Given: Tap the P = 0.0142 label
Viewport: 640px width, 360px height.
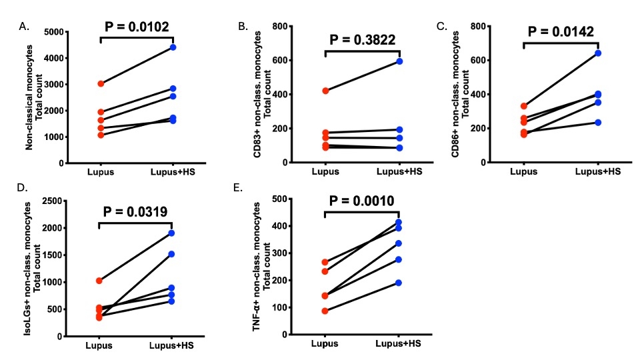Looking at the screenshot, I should pos(561,31).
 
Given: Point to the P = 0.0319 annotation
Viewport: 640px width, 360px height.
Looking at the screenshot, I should pos(135,213).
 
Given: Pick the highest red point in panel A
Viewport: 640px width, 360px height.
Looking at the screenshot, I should pos(101,83).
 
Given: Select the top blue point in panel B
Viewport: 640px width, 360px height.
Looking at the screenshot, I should pos(399,61).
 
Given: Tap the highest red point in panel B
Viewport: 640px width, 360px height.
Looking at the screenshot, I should pos(325,90).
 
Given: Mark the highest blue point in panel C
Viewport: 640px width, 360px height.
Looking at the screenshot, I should pos(598,53).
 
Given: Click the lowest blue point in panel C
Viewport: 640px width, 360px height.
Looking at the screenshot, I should pos(598,123).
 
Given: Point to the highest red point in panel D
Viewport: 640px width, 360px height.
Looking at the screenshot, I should pos(99,281).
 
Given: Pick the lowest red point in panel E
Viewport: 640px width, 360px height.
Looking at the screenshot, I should pos(325,311).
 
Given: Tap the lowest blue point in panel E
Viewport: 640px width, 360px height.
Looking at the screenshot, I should pos(399,283).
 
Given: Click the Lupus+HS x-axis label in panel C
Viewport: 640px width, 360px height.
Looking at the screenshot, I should pos(597,171).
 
